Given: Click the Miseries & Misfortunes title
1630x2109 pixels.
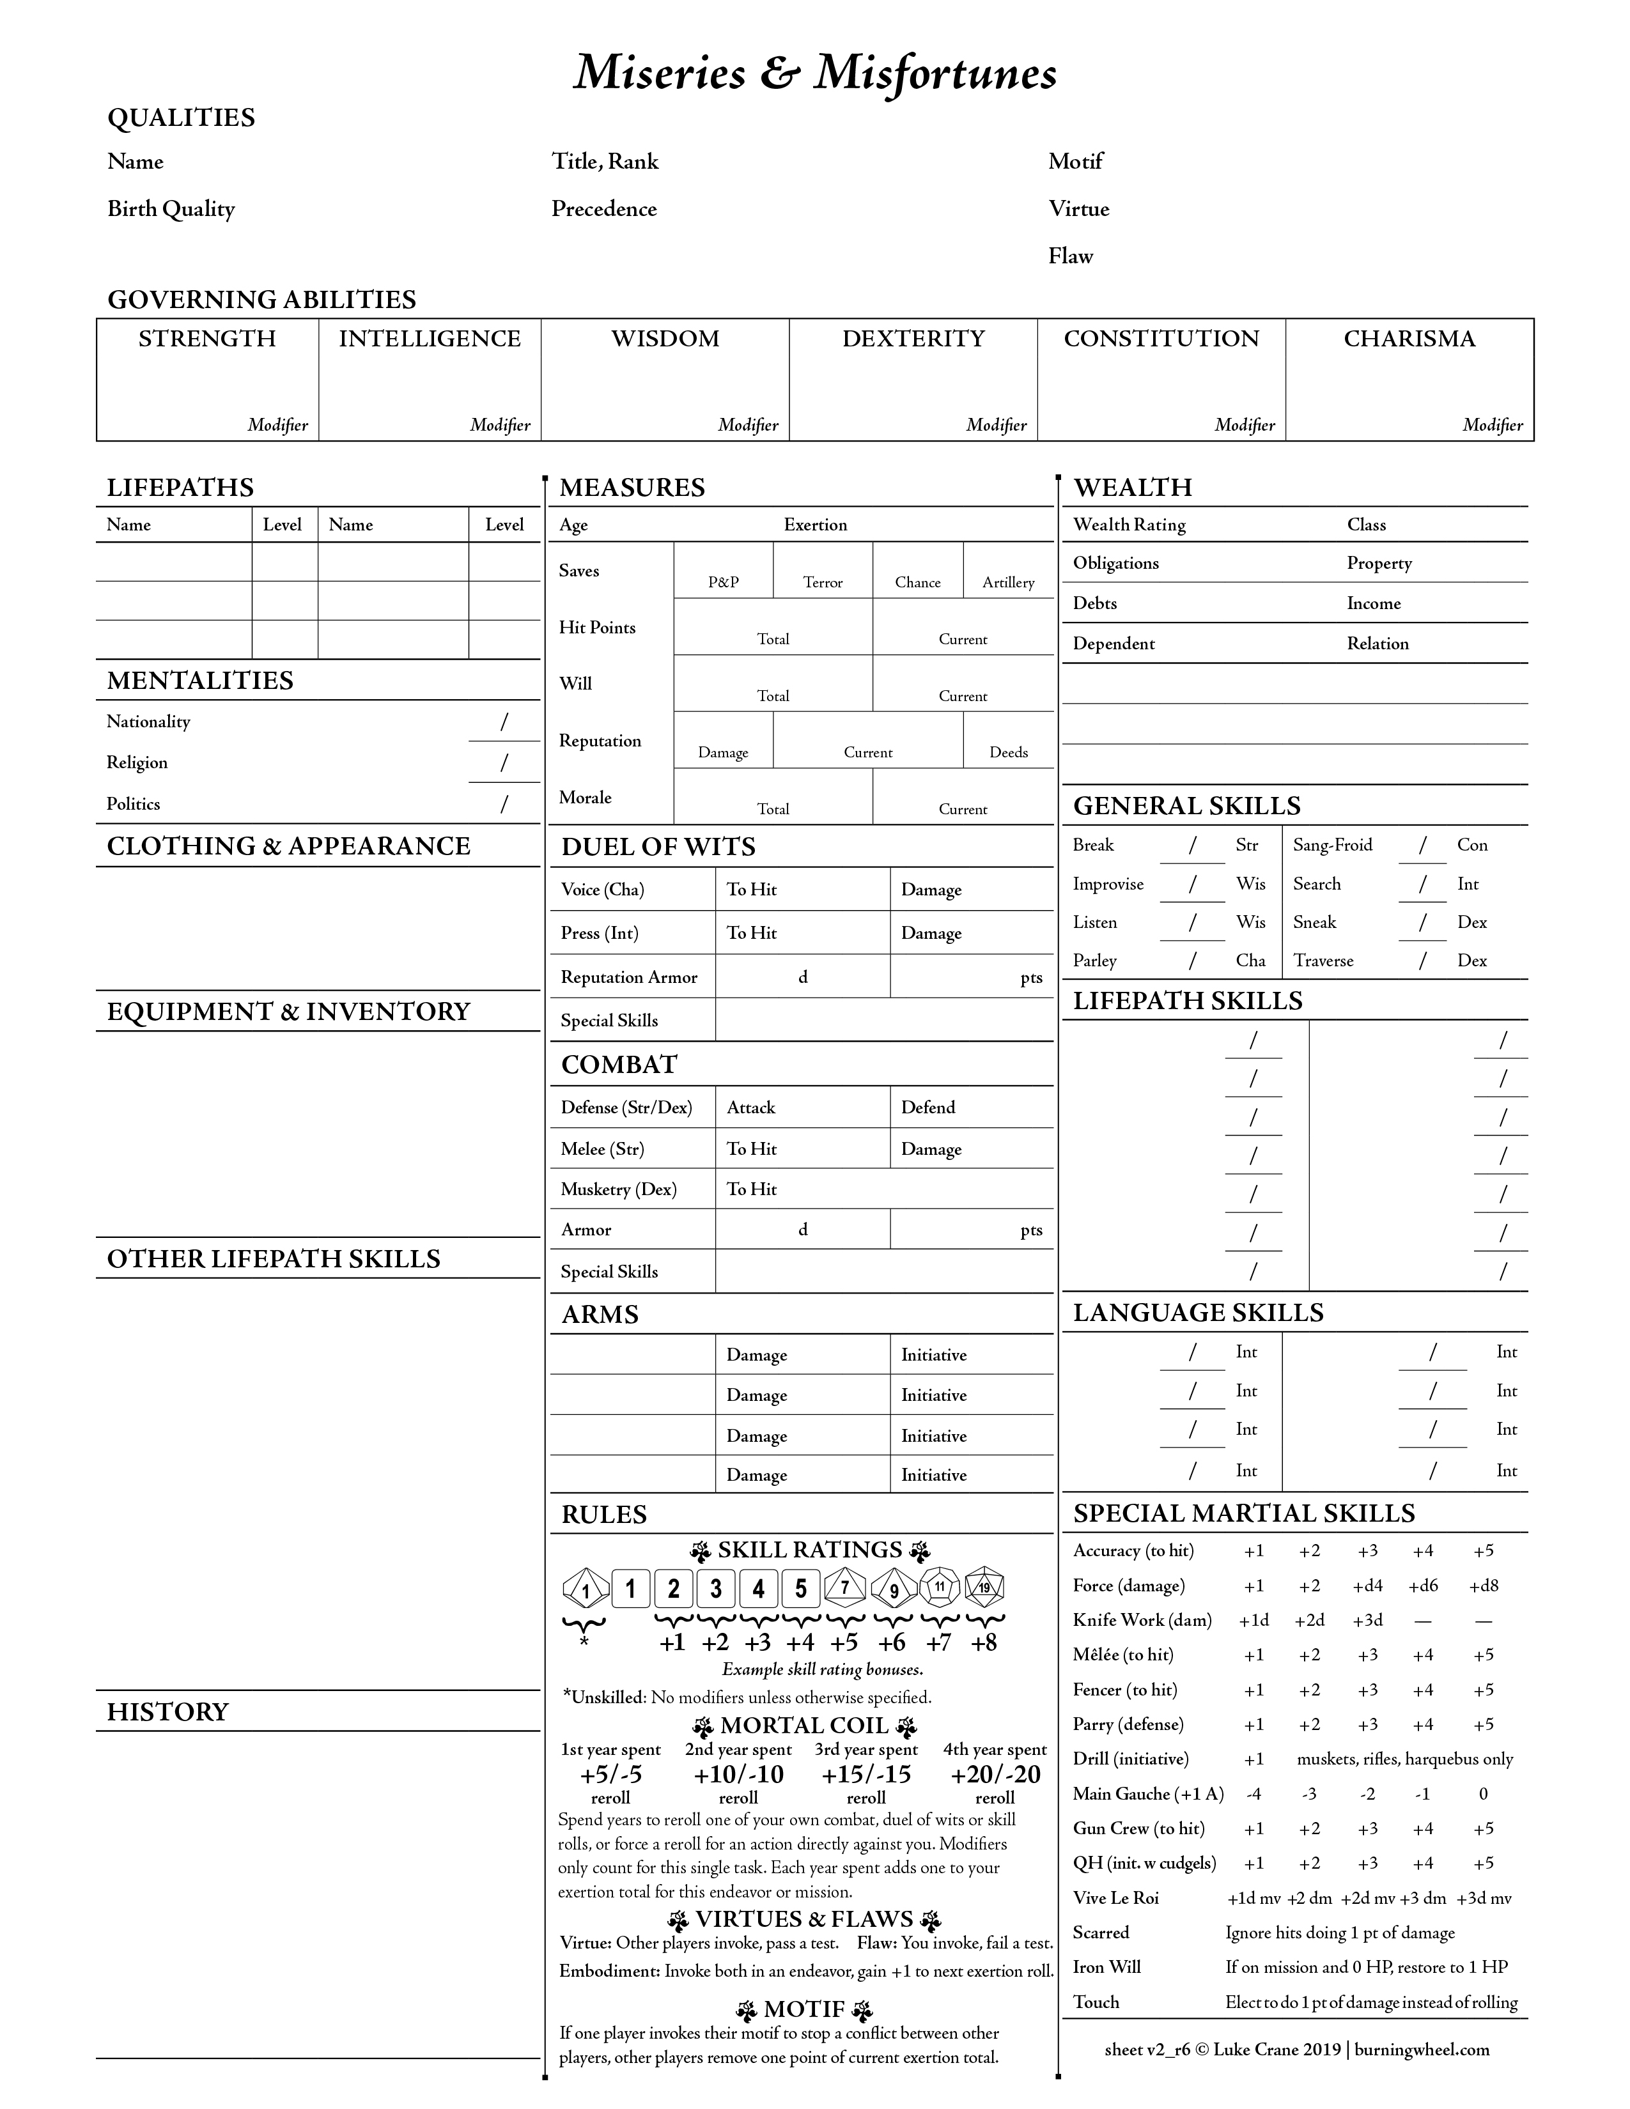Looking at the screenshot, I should [815, 74].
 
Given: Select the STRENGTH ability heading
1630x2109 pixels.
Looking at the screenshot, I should [206, 339].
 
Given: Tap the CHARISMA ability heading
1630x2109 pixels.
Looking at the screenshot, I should [1409, 339].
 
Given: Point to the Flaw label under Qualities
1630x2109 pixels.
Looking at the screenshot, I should [1070, 256].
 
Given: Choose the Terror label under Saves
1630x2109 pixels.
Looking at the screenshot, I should [823, 582].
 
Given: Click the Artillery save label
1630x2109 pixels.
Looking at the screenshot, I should [1008, 582].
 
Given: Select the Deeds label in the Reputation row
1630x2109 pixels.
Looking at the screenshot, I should [1008, 752].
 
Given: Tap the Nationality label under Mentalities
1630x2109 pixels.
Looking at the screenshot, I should [148, 722].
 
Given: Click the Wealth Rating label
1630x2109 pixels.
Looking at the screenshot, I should [1129, 524].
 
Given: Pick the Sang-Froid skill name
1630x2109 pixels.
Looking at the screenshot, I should [1331, 845].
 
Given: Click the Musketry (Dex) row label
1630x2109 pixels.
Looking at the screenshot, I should [618, 1190].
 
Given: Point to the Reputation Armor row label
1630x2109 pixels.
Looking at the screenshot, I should [628, 977].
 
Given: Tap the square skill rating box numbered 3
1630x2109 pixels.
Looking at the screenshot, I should [715, 1589].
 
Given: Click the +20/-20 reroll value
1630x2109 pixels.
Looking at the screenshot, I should [995, 1775].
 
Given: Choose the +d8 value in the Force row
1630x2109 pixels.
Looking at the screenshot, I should [1483, 1586].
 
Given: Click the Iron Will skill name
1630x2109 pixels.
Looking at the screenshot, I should [1106, 1967].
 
